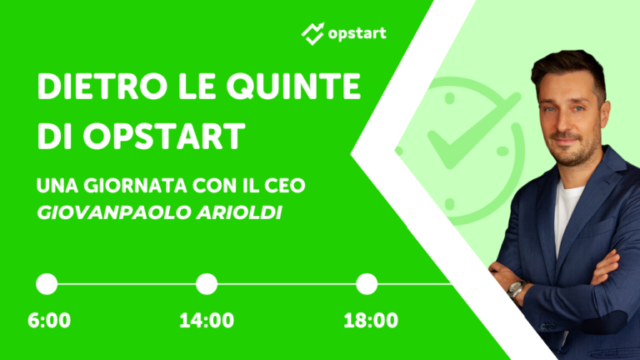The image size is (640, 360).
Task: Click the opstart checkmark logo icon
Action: pyautogui.click(x=312, y=33)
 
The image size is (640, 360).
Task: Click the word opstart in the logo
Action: pyautogui.click(x=357, y=34)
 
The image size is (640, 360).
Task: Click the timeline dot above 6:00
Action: pyautogui.click(x=47, y=284)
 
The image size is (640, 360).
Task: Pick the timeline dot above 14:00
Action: pyautogui.click(x=207, y=284)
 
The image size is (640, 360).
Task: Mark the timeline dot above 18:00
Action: pyautogui.click(x=367, y=284)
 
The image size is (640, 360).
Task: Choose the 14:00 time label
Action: pyautogui.click(x=207, y=321)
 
